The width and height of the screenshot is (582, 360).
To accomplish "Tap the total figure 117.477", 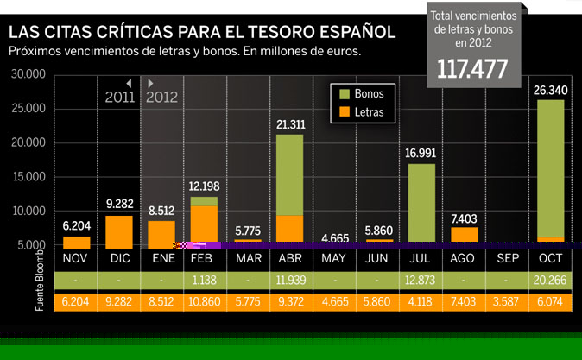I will click(x=471, y=69).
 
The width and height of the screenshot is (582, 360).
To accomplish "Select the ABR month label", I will click(x=289, y=259).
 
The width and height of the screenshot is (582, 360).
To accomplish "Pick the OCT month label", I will click(x=550, y=259).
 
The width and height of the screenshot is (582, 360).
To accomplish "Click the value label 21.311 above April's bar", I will click(x=290, y=125).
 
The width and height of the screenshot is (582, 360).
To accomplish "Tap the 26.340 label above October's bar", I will click(x=550, y=90).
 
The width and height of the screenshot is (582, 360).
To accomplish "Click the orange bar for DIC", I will click(x=119, y=230).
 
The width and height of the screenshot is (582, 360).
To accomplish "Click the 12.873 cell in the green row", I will click(x=421, y=280).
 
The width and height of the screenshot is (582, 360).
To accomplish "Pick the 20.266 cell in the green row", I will click(x=550, y=280).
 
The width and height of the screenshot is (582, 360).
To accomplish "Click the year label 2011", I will click(x=120, y=97).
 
